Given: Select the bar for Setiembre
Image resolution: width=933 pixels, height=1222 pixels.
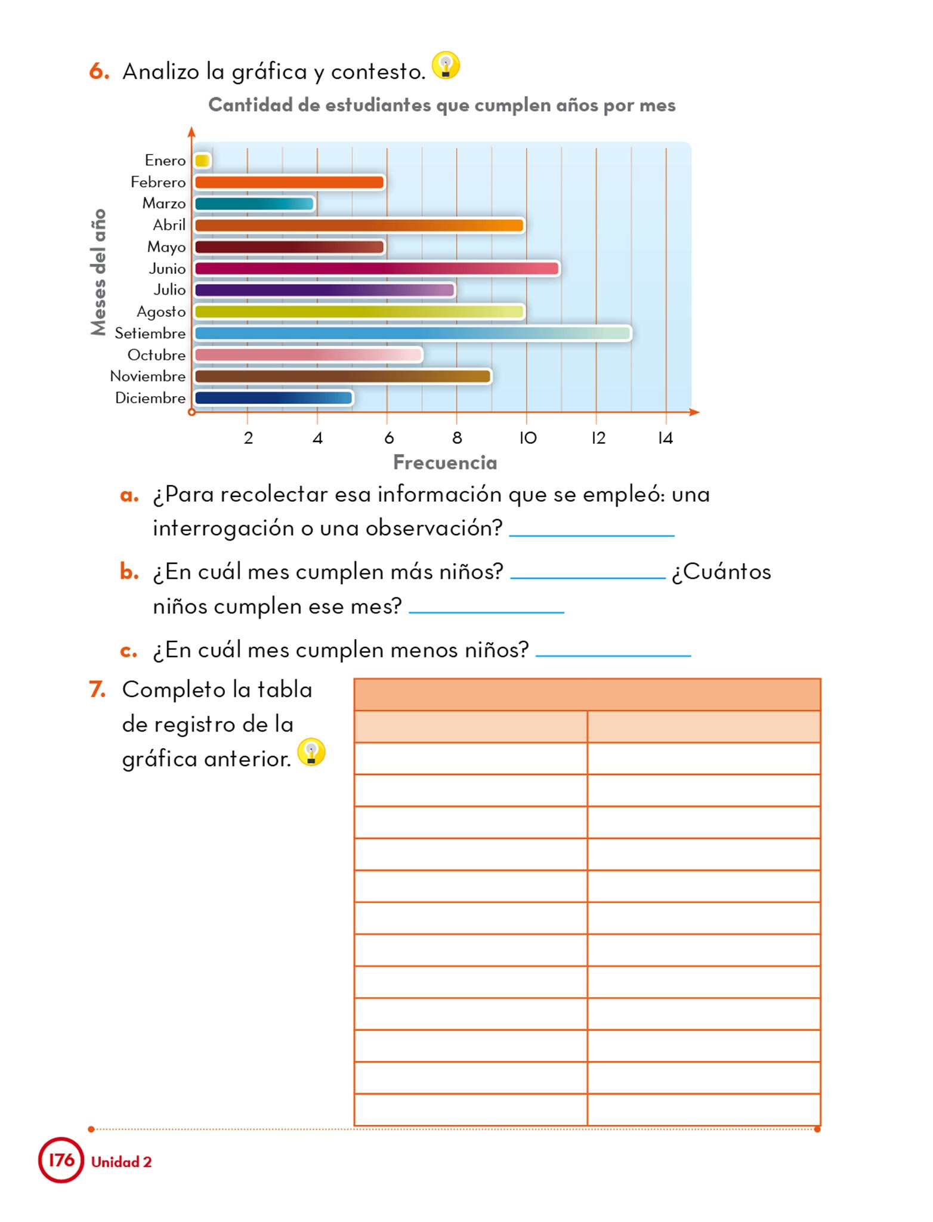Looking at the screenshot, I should (412, 333).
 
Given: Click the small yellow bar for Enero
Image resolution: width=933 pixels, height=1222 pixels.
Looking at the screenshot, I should (202, 161).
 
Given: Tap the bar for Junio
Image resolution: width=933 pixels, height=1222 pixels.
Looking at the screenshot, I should (376, 269).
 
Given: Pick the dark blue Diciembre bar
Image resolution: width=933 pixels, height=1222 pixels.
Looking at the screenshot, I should (274, 398).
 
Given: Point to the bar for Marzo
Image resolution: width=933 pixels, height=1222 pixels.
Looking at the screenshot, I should (254, 204).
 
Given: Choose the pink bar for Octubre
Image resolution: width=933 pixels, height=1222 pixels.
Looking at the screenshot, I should (308, 355).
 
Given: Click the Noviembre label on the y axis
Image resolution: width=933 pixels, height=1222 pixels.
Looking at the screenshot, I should (148, 377).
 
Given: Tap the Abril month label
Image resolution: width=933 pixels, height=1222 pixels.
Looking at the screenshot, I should (169, 226).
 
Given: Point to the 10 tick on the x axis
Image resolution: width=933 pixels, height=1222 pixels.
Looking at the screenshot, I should (528, 439).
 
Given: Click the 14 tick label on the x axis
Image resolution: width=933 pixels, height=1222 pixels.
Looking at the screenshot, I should (665, 439).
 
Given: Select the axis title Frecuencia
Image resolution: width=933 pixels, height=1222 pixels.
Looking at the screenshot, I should (445, 463).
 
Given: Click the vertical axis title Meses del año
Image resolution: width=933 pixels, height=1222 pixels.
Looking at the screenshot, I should (98, 272).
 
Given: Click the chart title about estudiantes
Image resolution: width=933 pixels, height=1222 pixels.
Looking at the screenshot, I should (441, 106).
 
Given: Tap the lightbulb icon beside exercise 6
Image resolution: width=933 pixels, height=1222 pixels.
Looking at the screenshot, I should (446, 65).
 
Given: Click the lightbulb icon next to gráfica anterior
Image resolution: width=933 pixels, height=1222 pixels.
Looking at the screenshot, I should (311, 752).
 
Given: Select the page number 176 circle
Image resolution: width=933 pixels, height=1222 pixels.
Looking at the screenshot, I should (61, 1160).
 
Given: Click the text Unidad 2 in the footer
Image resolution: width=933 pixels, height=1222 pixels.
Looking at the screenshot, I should (122, 1162).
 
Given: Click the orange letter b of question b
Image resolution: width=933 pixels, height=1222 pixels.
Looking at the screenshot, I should (129, 572).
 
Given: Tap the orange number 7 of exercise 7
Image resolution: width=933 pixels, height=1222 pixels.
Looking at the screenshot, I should (97, 690).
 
